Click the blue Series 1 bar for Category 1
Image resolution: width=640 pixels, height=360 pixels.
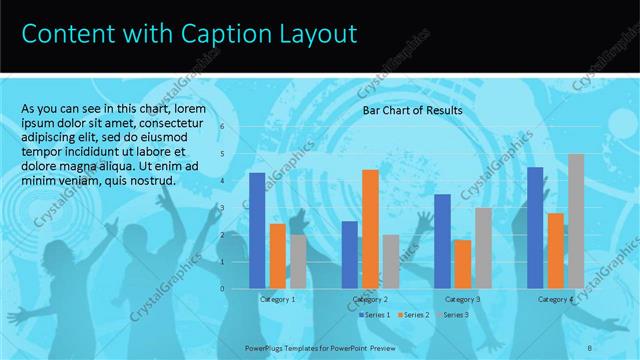coord(257,230)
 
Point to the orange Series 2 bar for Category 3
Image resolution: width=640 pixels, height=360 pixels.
coord(462,263)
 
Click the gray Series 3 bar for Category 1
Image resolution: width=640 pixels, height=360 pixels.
coord(298,261)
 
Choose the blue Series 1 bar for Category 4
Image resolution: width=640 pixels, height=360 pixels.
coord(535,227)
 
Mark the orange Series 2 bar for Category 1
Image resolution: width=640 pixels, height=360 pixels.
coord(277,255)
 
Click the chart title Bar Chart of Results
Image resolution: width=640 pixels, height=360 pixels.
coord(412,111)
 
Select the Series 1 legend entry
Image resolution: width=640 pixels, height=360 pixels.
coord(374,315)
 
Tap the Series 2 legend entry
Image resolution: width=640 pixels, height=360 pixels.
coord(414,315)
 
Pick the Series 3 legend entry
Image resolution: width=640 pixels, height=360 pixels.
coord(454,315)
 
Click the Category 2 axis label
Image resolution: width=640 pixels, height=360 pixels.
coord(370,299)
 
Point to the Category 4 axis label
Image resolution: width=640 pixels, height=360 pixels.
coord(555,299)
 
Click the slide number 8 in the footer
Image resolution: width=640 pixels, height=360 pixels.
coord(589,348)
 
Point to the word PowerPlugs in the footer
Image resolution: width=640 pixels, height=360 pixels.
coord(269,348)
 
